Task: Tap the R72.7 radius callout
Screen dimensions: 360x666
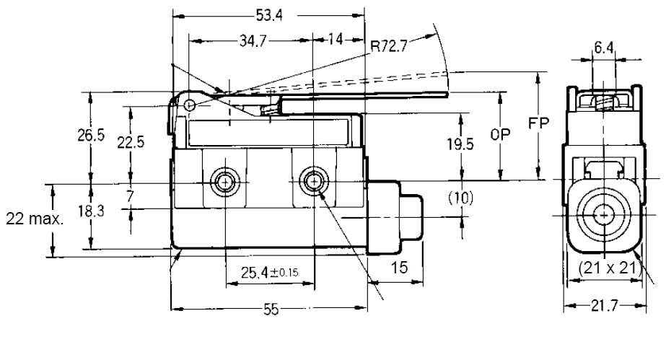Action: (x=390, y=47)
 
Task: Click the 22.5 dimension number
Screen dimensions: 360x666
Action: (x=131, y=142)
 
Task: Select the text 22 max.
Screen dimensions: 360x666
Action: (x=33, y=219)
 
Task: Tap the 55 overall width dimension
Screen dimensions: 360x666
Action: (x=271, y=309)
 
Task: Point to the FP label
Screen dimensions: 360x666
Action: (x=538, y=123)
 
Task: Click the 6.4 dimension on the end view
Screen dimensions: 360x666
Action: (x=603, y=48)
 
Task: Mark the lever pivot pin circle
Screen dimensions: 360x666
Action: (x=189, y=106)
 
